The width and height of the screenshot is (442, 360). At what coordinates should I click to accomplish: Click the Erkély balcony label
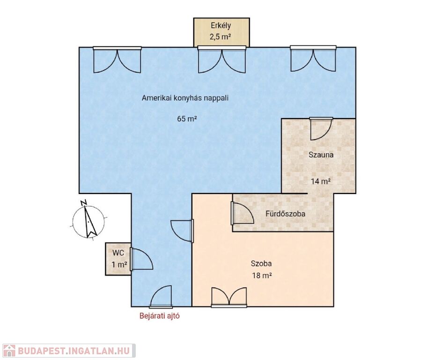click(221, 25)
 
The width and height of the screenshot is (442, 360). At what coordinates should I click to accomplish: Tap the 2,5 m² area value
click(221, 37)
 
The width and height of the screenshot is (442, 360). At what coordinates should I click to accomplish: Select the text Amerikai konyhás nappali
click(185, 98)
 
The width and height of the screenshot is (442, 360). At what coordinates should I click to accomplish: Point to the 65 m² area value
click(187, 119)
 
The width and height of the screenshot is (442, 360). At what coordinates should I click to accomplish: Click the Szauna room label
click(321, 155)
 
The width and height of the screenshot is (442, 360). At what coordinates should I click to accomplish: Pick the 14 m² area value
click(321, 181)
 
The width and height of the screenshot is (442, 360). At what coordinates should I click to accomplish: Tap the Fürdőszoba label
click(285, 214)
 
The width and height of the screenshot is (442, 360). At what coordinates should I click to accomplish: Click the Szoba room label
click(261, 263)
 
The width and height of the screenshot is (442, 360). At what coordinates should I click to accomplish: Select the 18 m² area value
click(262, 275)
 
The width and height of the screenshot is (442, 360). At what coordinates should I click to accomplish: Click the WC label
click(118, 253)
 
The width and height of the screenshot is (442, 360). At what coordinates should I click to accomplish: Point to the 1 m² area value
click(119, 265)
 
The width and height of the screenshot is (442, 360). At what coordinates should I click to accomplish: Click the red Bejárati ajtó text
click(160, 316)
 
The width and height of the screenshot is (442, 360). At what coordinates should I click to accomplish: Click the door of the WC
click(142, 259)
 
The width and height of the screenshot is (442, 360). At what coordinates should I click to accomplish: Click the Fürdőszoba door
click(243, 213)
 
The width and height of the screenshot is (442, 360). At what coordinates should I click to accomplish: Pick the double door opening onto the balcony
click(222, 60)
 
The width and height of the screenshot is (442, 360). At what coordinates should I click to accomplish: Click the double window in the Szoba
click(229, 297)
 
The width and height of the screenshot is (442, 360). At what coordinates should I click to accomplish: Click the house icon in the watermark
click(9, 351)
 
